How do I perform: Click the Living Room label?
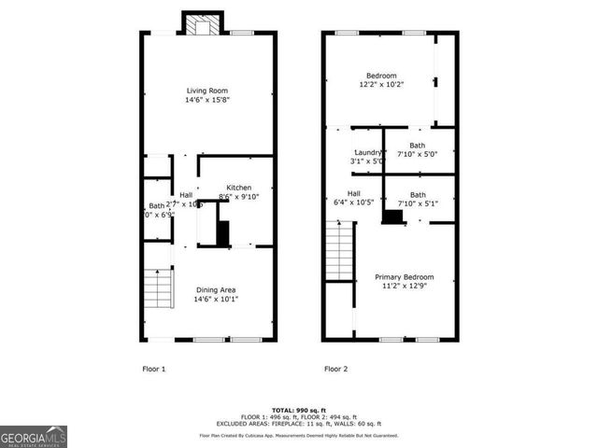point(207,91)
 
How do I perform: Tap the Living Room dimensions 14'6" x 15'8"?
point(207,100)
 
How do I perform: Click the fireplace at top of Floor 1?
point(198,24)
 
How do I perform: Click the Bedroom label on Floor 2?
point(381,76)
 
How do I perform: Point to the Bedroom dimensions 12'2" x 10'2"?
point(381,85)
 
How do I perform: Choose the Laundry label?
point(367,152)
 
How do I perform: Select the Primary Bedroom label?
point(405,277)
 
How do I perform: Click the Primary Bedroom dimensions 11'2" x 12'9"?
point(405,287)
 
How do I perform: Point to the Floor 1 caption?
point(153,369)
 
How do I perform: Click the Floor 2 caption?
point(335,369)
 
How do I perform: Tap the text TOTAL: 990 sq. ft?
point(298,410)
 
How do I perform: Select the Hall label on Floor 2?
point(341,193)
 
